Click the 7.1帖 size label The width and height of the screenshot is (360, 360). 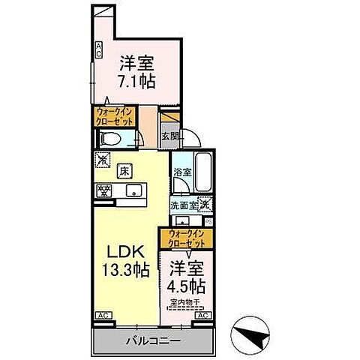(136, 80)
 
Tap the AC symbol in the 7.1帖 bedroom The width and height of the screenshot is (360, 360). (97, 49)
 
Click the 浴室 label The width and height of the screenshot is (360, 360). (181, 172)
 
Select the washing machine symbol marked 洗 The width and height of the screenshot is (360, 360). (204, 202)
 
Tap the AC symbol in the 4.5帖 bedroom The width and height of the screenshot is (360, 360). (200, 316)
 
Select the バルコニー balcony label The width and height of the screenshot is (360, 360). (154, 340)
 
